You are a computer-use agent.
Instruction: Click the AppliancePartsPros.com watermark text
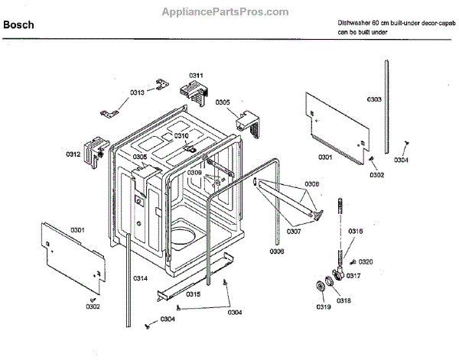226,11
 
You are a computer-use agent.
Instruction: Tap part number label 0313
137,92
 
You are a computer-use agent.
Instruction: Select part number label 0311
196,75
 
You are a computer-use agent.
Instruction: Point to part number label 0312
73,154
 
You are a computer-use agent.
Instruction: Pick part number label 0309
194,173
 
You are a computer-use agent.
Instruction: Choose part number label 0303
374,99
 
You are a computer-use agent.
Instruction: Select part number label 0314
140,277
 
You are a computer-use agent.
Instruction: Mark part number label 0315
193,294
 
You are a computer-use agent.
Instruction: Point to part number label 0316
356,231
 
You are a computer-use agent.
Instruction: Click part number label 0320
366,261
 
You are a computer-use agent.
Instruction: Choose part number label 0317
353,276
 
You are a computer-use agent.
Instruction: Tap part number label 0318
344,300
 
